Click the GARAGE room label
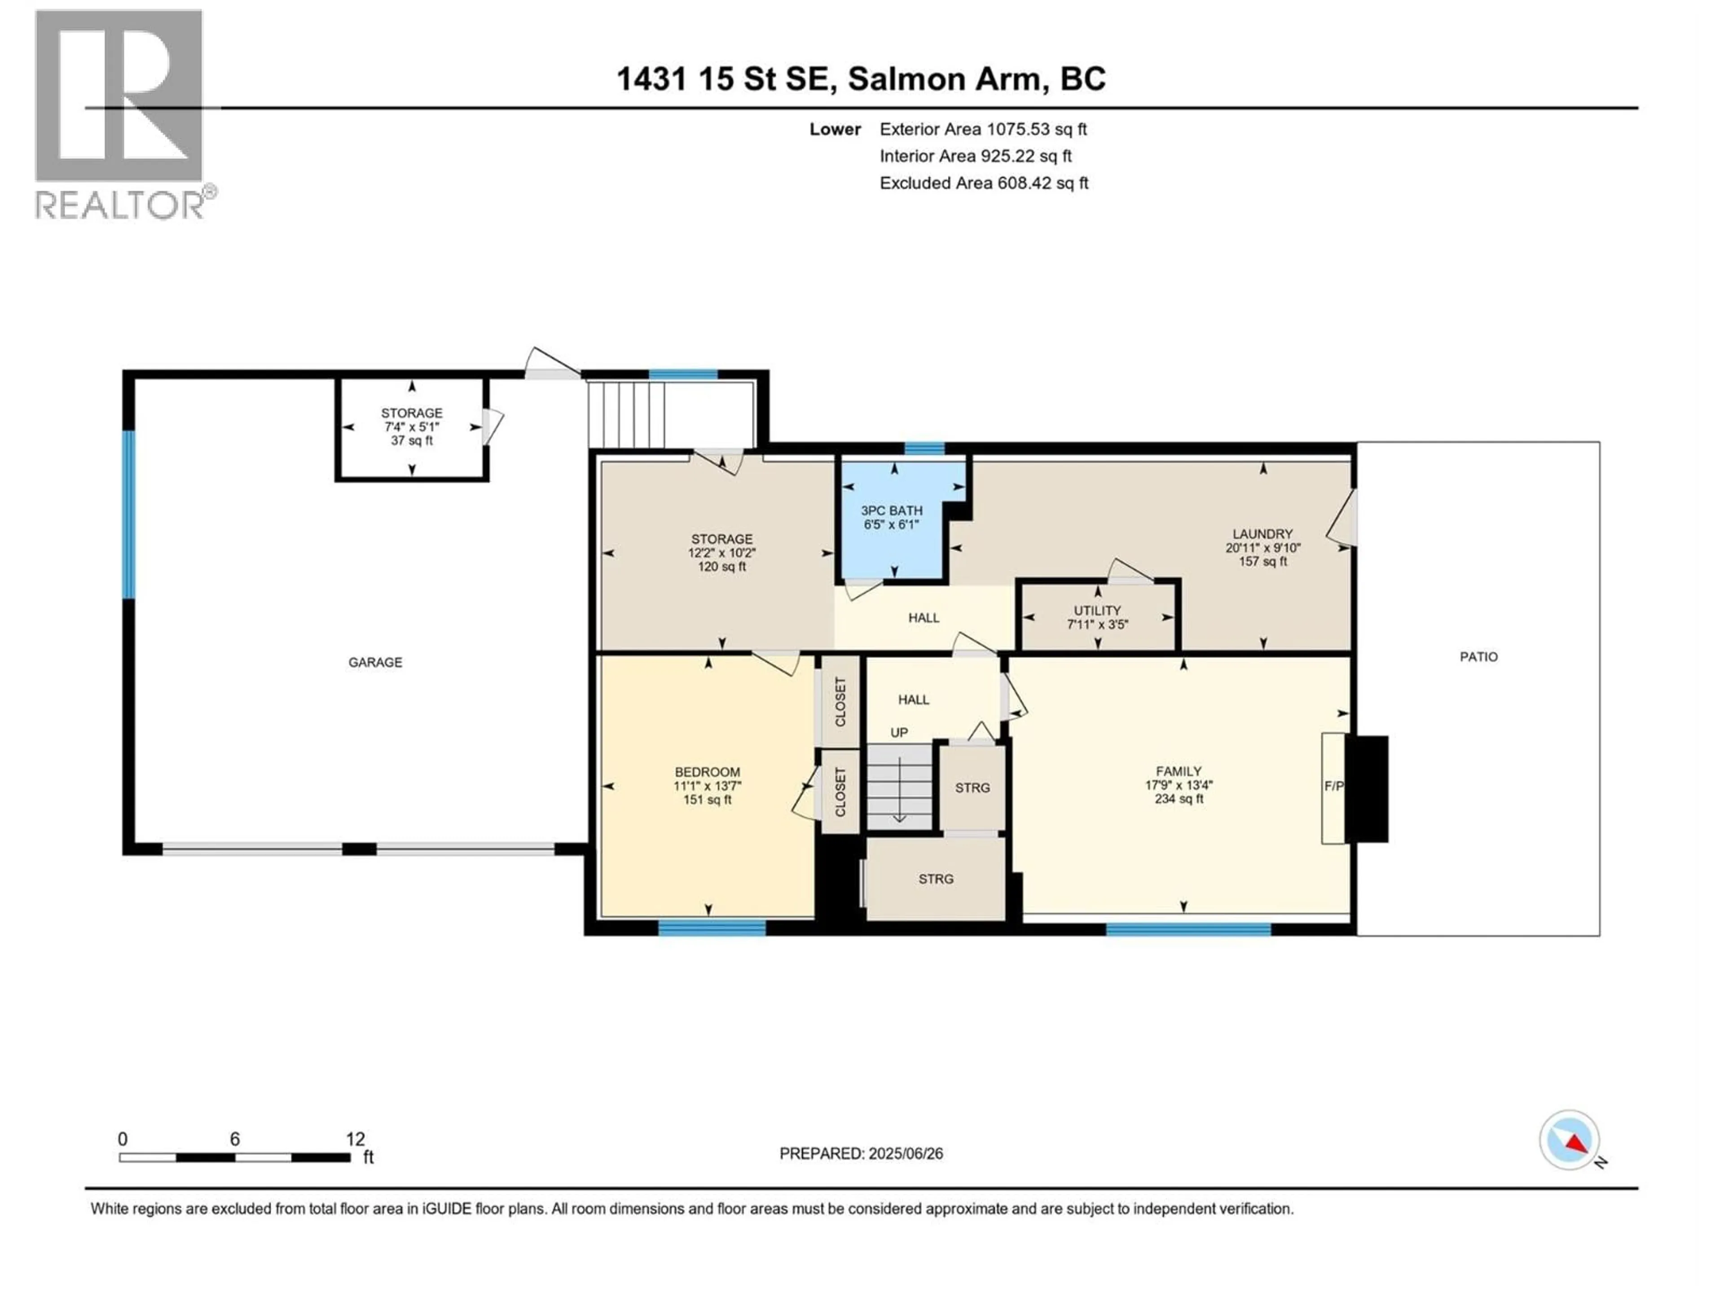pos(375,663)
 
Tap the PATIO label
pos(1478,657)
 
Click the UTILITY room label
pos(1097,610)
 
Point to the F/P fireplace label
pos(1333,787)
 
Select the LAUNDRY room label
pos(1262,534)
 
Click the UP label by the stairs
pos(899,733)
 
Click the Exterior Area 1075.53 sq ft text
pos(983,129)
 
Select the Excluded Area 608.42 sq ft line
pos(984,183)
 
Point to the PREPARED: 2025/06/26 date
pos(861,1153)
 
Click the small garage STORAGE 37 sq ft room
pos(412,427)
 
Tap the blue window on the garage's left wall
pos(128,515)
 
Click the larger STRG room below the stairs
pos(935,879)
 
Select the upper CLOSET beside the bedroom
pos(840,701)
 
